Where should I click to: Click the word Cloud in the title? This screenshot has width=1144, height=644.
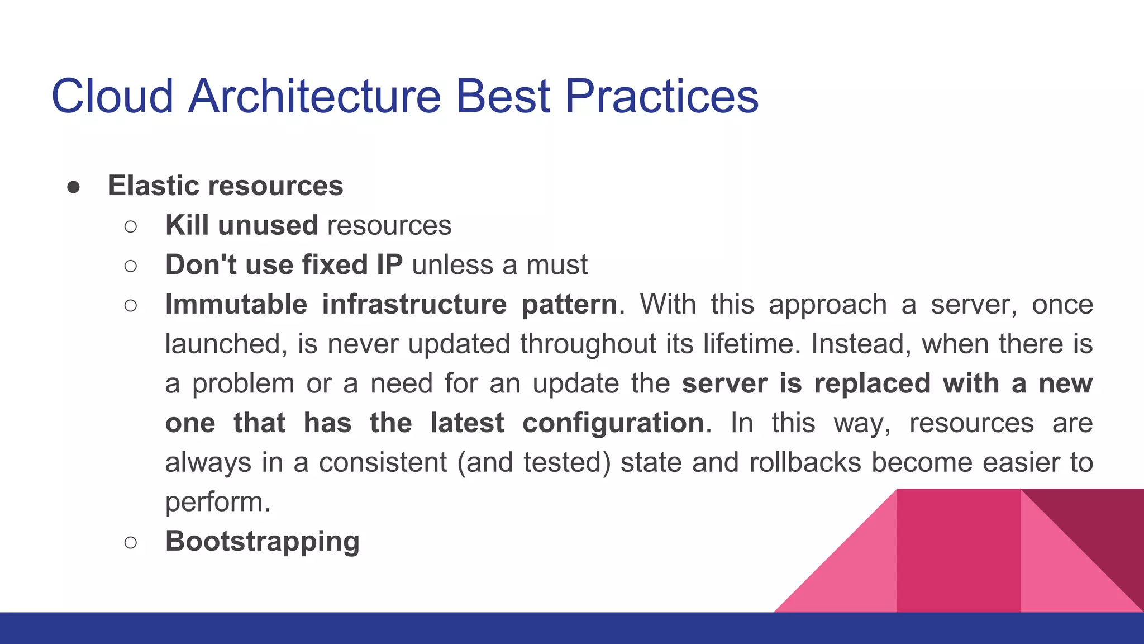112,96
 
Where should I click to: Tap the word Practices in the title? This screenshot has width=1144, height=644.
661,96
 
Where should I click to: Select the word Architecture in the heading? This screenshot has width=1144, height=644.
314,96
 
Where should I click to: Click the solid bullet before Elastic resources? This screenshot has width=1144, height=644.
73,187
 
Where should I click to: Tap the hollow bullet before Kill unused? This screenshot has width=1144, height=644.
131,226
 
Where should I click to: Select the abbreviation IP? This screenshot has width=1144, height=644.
389,264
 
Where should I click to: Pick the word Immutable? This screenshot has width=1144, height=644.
236,305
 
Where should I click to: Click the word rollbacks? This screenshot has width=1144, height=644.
805,462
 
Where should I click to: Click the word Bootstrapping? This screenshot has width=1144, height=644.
262,542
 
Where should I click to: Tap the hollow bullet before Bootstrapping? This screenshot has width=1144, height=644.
131,542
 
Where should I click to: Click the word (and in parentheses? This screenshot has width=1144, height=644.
485,463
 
